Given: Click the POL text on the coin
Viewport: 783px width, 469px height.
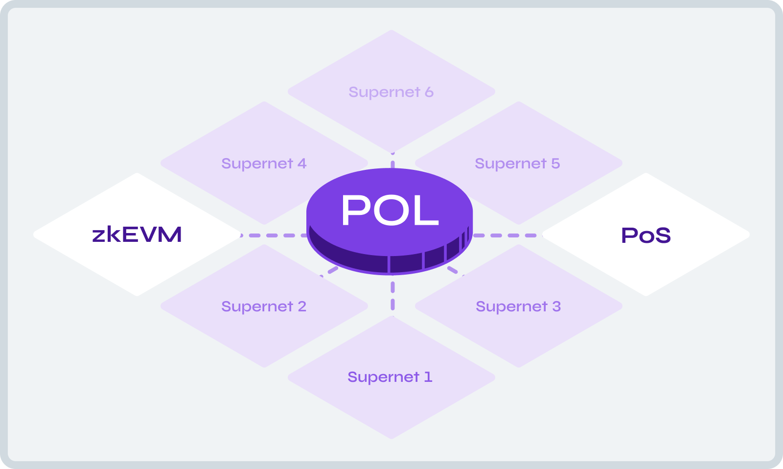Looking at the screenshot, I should (390, 211).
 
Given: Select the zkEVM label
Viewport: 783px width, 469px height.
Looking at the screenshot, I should (137, 234).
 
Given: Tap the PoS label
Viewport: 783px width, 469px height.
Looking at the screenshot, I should (645, 235).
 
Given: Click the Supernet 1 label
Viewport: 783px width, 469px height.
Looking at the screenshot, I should (390, 377).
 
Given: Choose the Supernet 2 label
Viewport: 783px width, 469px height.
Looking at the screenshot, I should (264, 306).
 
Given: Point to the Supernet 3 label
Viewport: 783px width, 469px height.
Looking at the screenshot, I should (518, 306).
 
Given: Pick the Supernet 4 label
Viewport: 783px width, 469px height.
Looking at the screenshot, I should (264, 164).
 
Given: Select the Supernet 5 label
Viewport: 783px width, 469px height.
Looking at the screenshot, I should (517, 164).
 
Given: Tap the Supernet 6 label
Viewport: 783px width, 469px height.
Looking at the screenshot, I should (391, 92).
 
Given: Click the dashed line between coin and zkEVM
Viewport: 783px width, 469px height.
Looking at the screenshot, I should (274, 235).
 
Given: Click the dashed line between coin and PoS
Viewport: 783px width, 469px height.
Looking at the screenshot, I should (507, 235).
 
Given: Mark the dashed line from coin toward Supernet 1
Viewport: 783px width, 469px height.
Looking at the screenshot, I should (392, 294).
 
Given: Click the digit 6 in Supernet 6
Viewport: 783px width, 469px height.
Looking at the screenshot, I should (429, 92).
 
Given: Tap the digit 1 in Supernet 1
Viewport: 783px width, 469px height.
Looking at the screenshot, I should (428, 377).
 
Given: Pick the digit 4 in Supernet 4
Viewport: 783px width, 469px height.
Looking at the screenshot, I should (302, 164).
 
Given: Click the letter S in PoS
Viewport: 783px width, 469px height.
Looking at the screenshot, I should (662, 235).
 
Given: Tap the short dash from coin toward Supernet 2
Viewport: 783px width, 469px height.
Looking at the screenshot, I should (333, 270).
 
